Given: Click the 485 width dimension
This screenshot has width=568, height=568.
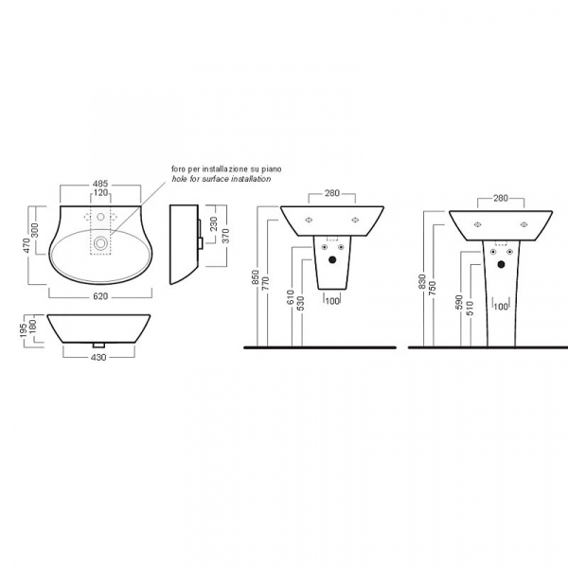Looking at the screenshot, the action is coord(100,184).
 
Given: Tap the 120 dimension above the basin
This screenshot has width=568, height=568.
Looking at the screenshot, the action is coord(100,193).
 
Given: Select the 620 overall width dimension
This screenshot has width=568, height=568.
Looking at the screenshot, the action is coord(100,296).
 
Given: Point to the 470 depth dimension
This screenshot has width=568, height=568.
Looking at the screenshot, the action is coord(27,245).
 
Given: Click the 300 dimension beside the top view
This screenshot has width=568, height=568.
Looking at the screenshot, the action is coord(35,230).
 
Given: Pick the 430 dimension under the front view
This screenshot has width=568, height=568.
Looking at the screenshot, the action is coord(98,357).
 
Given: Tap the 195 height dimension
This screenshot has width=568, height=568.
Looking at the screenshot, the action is coord(24,330).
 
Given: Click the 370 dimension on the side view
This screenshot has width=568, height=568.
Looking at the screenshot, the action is coord(225,236).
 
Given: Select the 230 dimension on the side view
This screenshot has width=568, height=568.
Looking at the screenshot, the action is coord(213,223).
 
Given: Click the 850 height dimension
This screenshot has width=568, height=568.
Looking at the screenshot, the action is coord(257,277).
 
